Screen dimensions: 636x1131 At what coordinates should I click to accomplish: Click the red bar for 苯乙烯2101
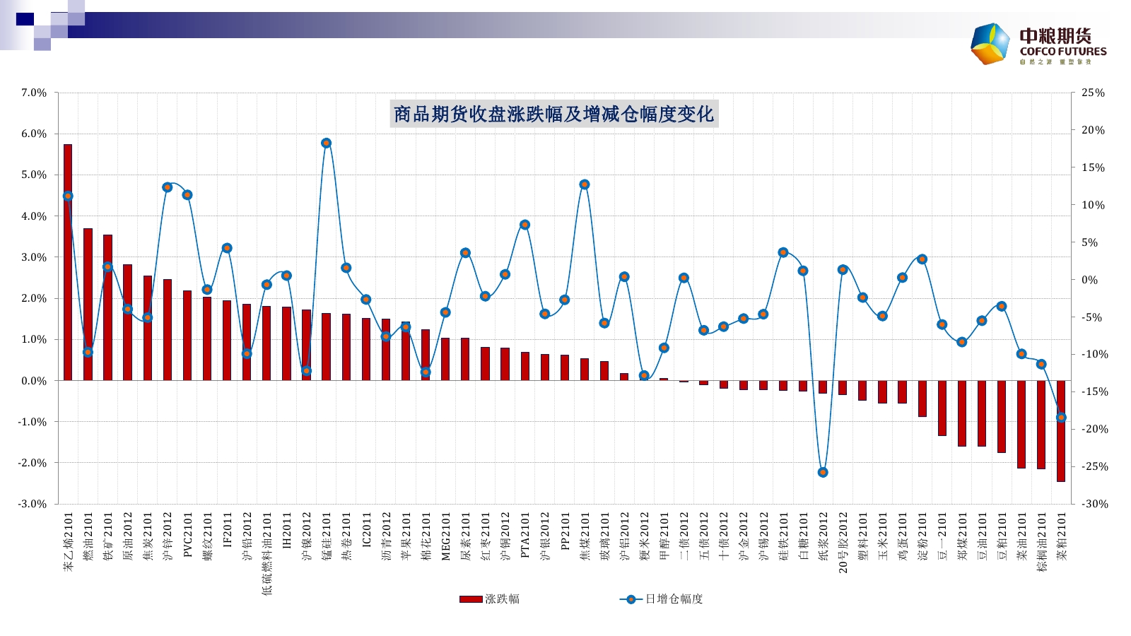click(68, 261)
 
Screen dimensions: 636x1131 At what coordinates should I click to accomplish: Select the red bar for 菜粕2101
click(1061, 431)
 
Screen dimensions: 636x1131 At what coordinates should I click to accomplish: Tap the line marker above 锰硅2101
click(327, 143)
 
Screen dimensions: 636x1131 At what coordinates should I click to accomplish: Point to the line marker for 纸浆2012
click(823, 472)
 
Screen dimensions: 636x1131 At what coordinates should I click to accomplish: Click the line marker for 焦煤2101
click(585, 184)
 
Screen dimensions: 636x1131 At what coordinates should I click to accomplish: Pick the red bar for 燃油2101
click(88, 304)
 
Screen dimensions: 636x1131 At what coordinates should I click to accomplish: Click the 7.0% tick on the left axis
click(33, 93)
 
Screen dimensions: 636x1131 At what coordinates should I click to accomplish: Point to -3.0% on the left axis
click(32, 504)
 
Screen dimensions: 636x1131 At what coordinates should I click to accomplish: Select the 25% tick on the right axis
click(1093, 93)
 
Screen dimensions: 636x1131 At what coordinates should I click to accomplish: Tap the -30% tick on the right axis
click(1092, 504)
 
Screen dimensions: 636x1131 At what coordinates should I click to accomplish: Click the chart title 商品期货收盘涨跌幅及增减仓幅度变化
click(554, 114)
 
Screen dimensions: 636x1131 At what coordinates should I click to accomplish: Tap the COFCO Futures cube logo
click(990, 44)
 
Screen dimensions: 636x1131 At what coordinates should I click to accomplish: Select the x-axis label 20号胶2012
click(843, 542)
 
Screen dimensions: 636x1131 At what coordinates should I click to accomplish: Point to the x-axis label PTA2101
click(525, 536)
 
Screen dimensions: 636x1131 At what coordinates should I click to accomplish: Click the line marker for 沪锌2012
click(168, 187)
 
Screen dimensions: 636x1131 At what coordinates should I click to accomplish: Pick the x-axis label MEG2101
click(446, 537)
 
